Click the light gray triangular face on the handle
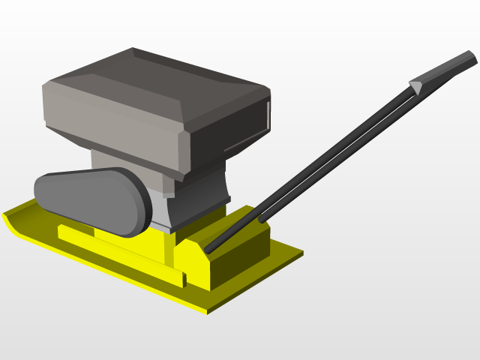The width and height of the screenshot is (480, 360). click(x=415, y=87)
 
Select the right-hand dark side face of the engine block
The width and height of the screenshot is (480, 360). click(x=229, y=135)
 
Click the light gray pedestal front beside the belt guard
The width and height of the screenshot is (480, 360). click(x=157, y=206)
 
